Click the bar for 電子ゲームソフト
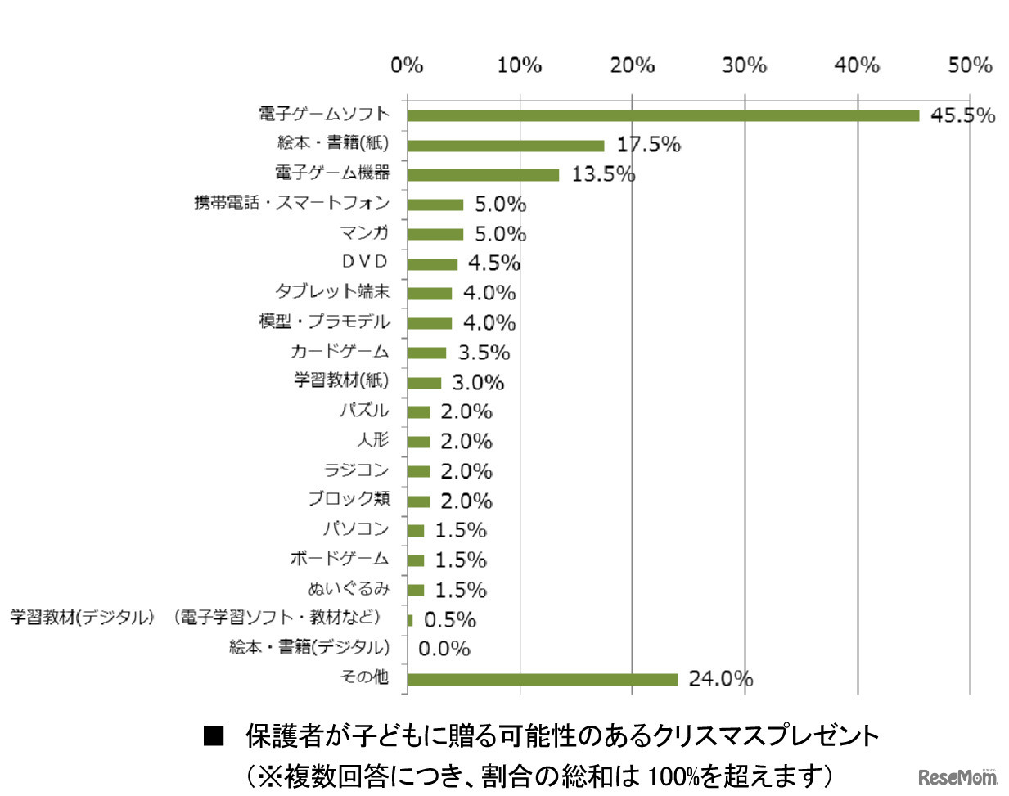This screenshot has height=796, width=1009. (x=663, y=115)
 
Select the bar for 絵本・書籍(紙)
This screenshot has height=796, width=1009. (x=505, y=146)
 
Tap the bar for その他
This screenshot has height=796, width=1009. (x=542, y=679)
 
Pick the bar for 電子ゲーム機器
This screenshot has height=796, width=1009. (x=483, y=175)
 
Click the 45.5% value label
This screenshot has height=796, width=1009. (x=962, y=115)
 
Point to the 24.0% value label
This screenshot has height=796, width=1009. (x=720, y=678)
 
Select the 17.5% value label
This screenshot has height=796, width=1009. (x=648, y=145)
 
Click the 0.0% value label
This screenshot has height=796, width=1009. (x=444, y=649)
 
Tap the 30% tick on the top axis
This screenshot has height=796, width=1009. (x=744, y=65)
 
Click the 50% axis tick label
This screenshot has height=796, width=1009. (x=970, y=65)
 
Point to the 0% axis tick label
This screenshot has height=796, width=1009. (x=407, y=65)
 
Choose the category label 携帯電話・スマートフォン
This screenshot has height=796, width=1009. (x=291, y=203)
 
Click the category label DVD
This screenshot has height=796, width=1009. (x=365, y=262)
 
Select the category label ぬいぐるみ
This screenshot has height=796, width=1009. (x=349, y=589)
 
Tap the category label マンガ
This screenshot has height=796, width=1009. (x=365, y=233)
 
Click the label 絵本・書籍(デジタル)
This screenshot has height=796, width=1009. (x=309, y=647)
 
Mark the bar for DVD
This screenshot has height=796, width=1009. (x=432, y=264)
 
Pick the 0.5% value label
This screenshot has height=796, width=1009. (x=449, y=620)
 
